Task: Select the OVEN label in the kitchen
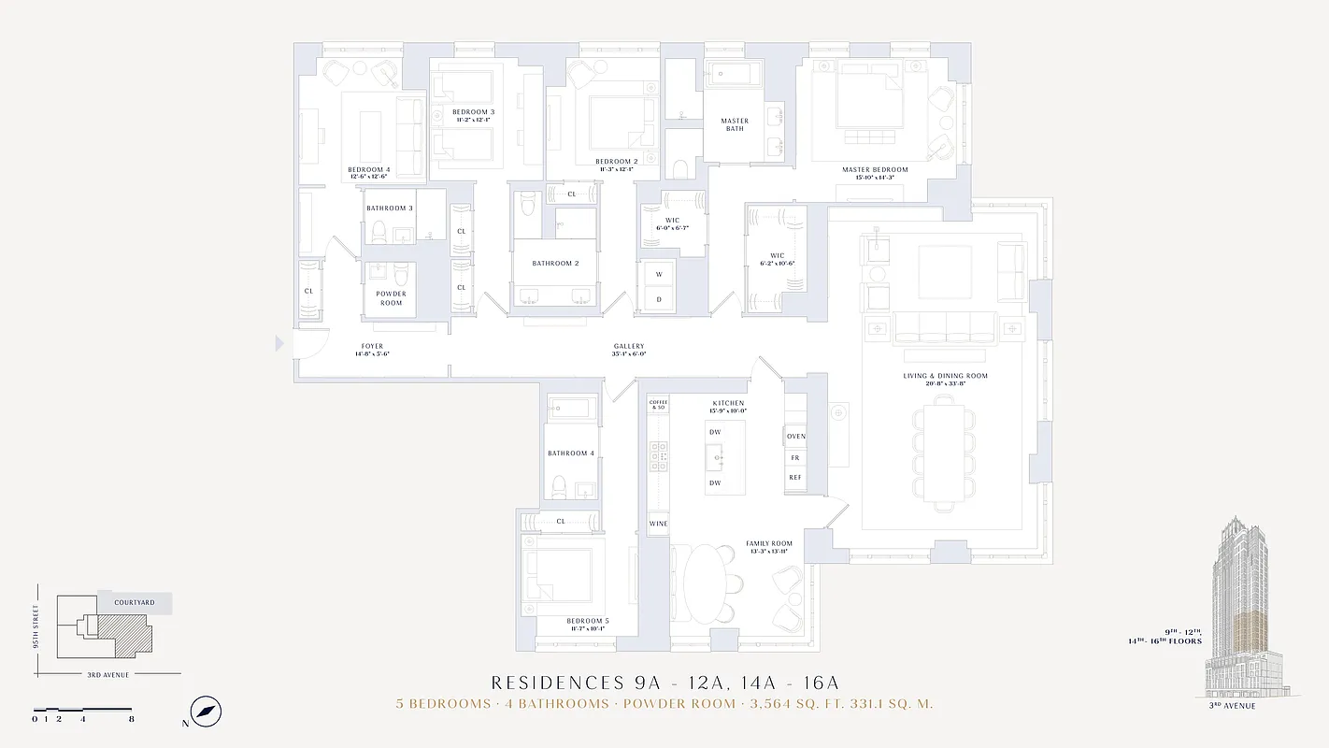(795, 437)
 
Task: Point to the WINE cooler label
(658, 524)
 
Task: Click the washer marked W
(658, 275)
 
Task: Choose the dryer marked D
(658, 299)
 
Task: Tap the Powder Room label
(391, 298)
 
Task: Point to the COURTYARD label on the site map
(135, 603)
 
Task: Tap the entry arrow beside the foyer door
(279, 344)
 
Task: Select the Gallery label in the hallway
(629, 350)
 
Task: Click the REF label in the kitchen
(795, 478)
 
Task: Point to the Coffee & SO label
(658, 405)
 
